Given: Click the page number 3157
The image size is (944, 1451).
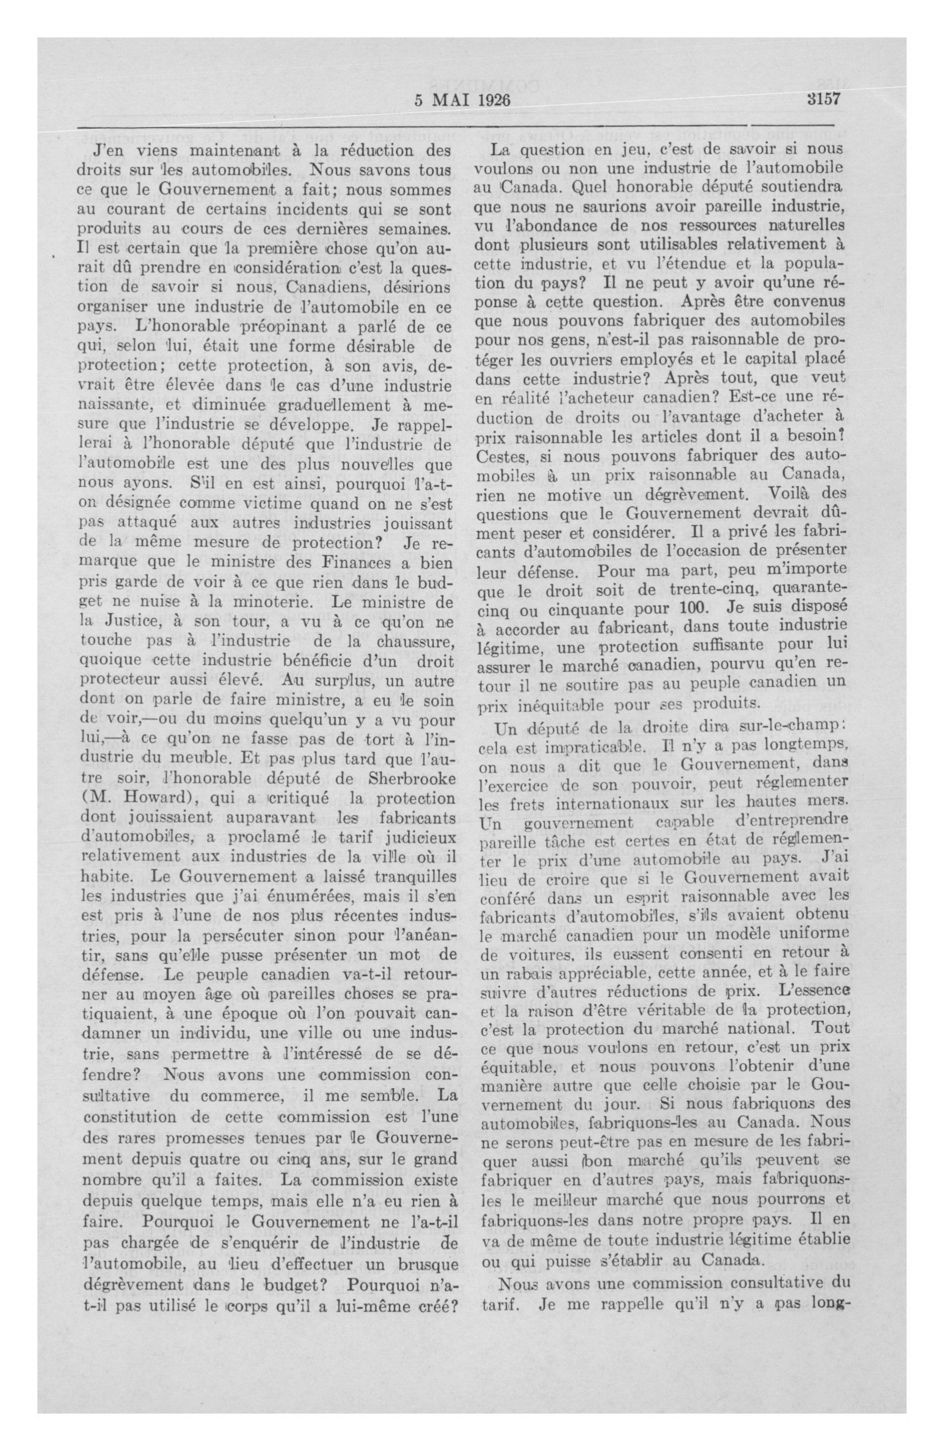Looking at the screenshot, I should coord(823,99).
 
